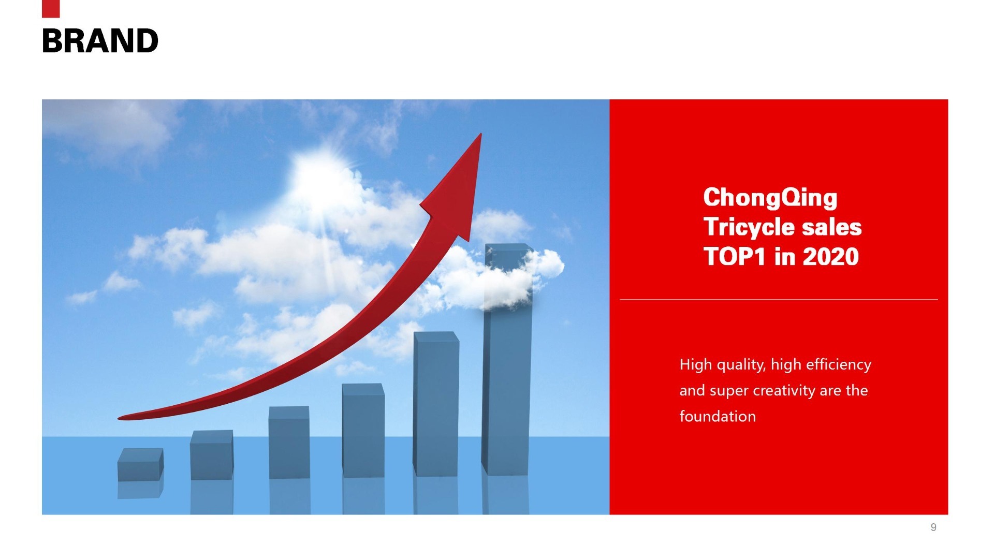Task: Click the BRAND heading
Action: coord(100,41)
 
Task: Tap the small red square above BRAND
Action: coord(51,9)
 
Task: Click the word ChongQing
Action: coord(770,198)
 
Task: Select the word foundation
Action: coord(718,416)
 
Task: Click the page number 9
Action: coord(933,527)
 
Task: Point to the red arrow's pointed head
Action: coord(481,134)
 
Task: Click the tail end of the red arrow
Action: coord(119,418)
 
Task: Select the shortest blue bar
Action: coord(140,464)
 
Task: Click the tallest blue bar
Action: coord(508,359)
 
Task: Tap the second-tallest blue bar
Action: coord(436,404)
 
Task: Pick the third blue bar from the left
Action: coord(289,443)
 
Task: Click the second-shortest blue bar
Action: coord(212,455)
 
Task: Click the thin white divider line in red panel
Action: coord(779,299)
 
